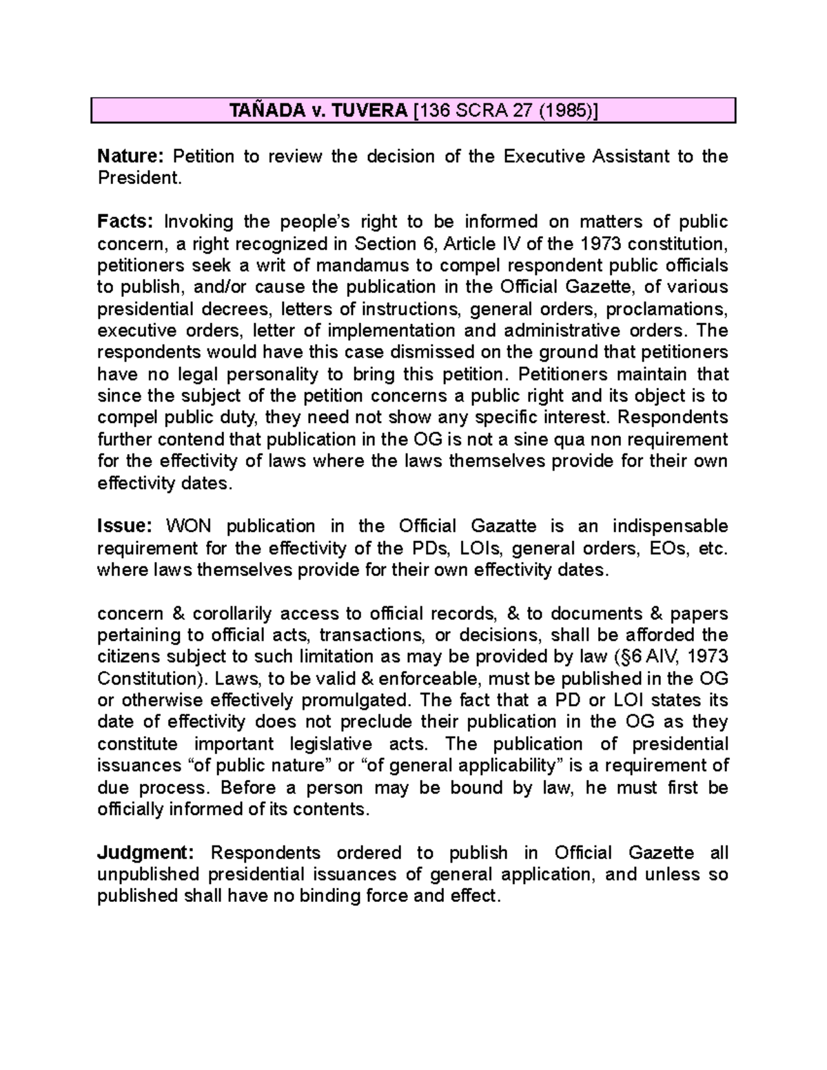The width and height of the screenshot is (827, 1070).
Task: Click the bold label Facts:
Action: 125,222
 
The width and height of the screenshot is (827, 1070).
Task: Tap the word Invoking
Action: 196,222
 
